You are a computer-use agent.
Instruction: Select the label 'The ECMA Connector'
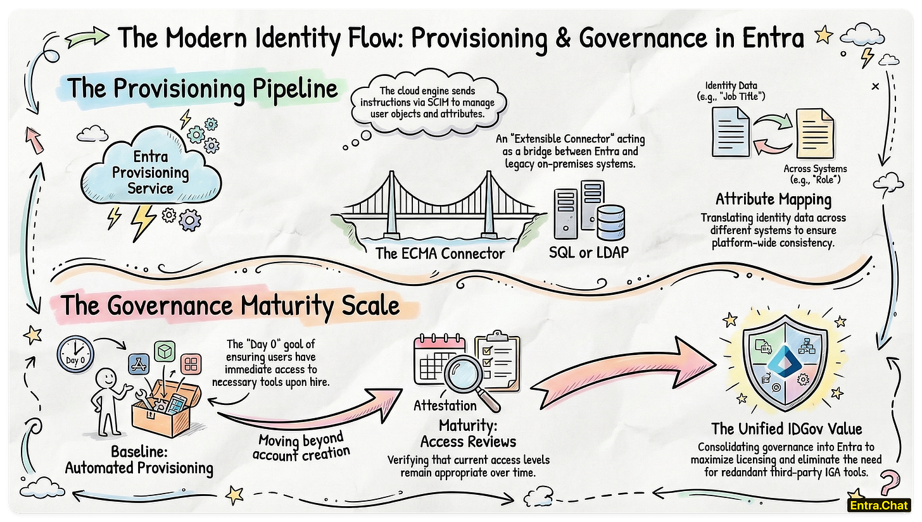(x=440, y=254)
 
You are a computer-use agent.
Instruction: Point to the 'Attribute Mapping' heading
(x=773, y=199)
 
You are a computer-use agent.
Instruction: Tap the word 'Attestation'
(x=445, y=405)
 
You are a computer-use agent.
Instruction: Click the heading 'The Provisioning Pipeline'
(x=203, y=88)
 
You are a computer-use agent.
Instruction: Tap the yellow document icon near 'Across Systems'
(x=815, y=129)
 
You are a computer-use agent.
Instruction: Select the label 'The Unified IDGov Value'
(x=786, y=429)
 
